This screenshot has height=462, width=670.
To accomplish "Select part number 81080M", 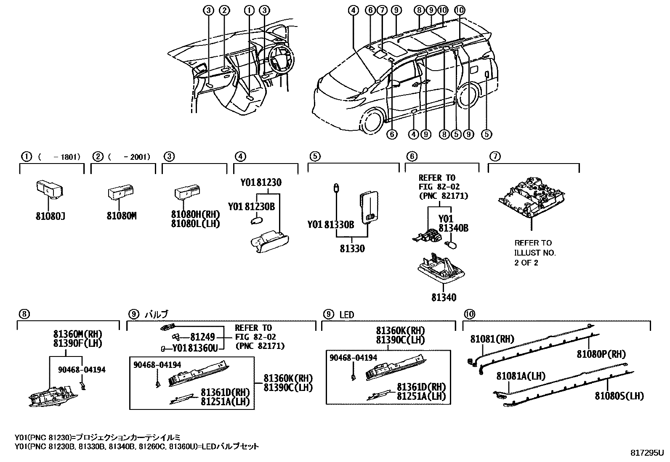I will (122, 216).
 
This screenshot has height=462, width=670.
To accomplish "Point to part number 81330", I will (352, 249).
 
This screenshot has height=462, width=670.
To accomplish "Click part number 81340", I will (444, 298).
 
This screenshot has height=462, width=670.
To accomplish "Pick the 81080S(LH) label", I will (619, 396).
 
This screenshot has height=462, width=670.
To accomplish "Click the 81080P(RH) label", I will (601, 354).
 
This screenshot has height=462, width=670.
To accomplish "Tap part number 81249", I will (202, 337).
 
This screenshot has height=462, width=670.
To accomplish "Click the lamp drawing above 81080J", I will (49, 189).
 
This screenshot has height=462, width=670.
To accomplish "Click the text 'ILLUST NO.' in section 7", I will (535, 253).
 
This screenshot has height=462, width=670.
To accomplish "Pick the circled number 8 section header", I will (24, 314).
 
